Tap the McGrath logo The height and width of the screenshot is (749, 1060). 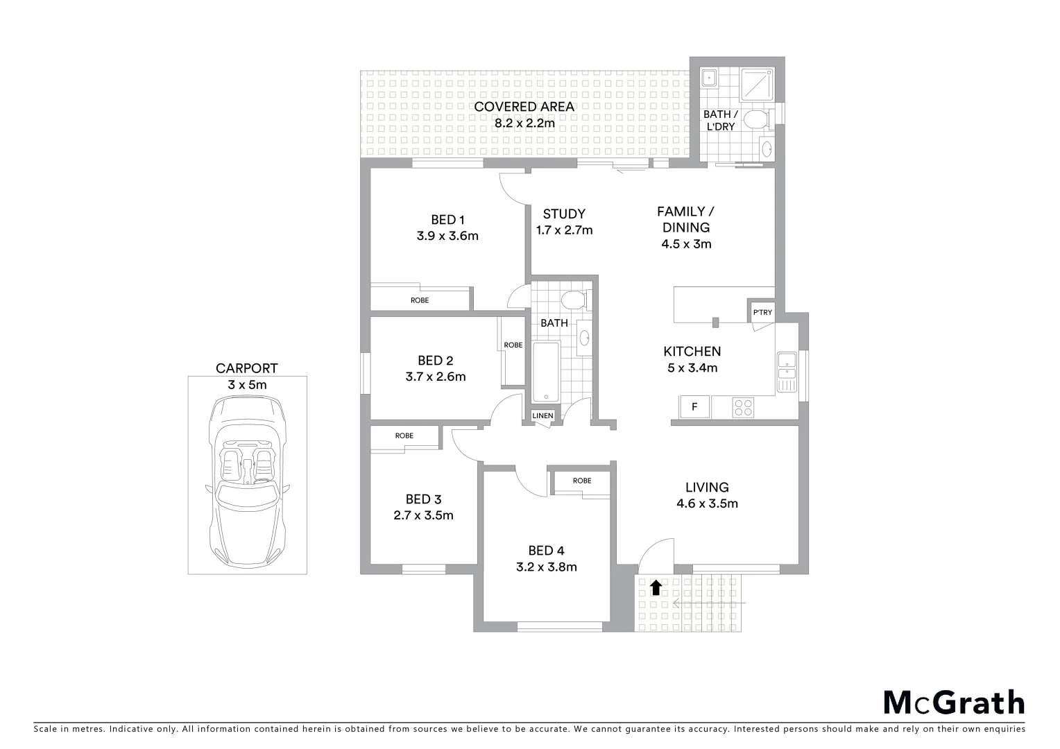coord(954,702)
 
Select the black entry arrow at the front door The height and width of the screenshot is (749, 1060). coord(656,588)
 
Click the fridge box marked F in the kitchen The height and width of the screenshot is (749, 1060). coord(694,407)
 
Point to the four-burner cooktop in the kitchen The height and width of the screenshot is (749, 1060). coord(743,407)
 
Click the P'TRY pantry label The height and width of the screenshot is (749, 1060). coord(762,313)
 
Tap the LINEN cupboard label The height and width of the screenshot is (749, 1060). coord(542,416)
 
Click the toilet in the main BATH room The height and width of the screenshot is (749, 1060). coord(574,300)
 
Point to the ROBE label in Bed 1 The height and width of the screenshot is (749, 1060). coord(420,300)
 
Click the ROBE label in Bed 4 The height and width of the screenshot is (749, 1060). coord(582,481)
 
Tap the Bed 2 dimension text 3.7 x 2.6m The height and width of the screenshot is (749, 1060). coord(436,377)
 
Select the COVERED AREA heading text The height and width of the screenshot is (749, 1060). coord(524,107)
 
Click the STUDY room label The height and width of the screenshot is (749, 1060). coord(564,214)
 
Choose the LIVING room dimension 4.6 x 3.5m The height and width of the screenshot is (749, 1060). coord(707,504)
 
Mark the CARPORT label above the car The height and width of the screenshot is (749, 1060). coord(246,368)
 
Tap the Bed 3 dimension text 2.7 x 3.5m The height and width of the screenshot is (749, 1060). coord(423,515)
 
